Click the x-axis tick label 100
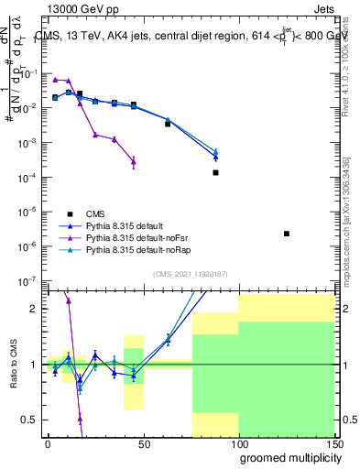(237, 443)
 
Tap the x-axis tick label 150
(333, 443)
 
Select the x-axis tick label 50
(143, 443)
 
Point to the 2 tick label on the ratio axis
(34, 309)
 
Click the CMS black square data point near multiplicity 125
(287, 234)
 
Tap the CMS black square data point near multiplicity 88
(216, 172)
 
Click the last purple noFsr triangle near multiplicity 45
(134, 161)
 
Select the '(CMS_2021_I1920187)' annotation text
(190, 275)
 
